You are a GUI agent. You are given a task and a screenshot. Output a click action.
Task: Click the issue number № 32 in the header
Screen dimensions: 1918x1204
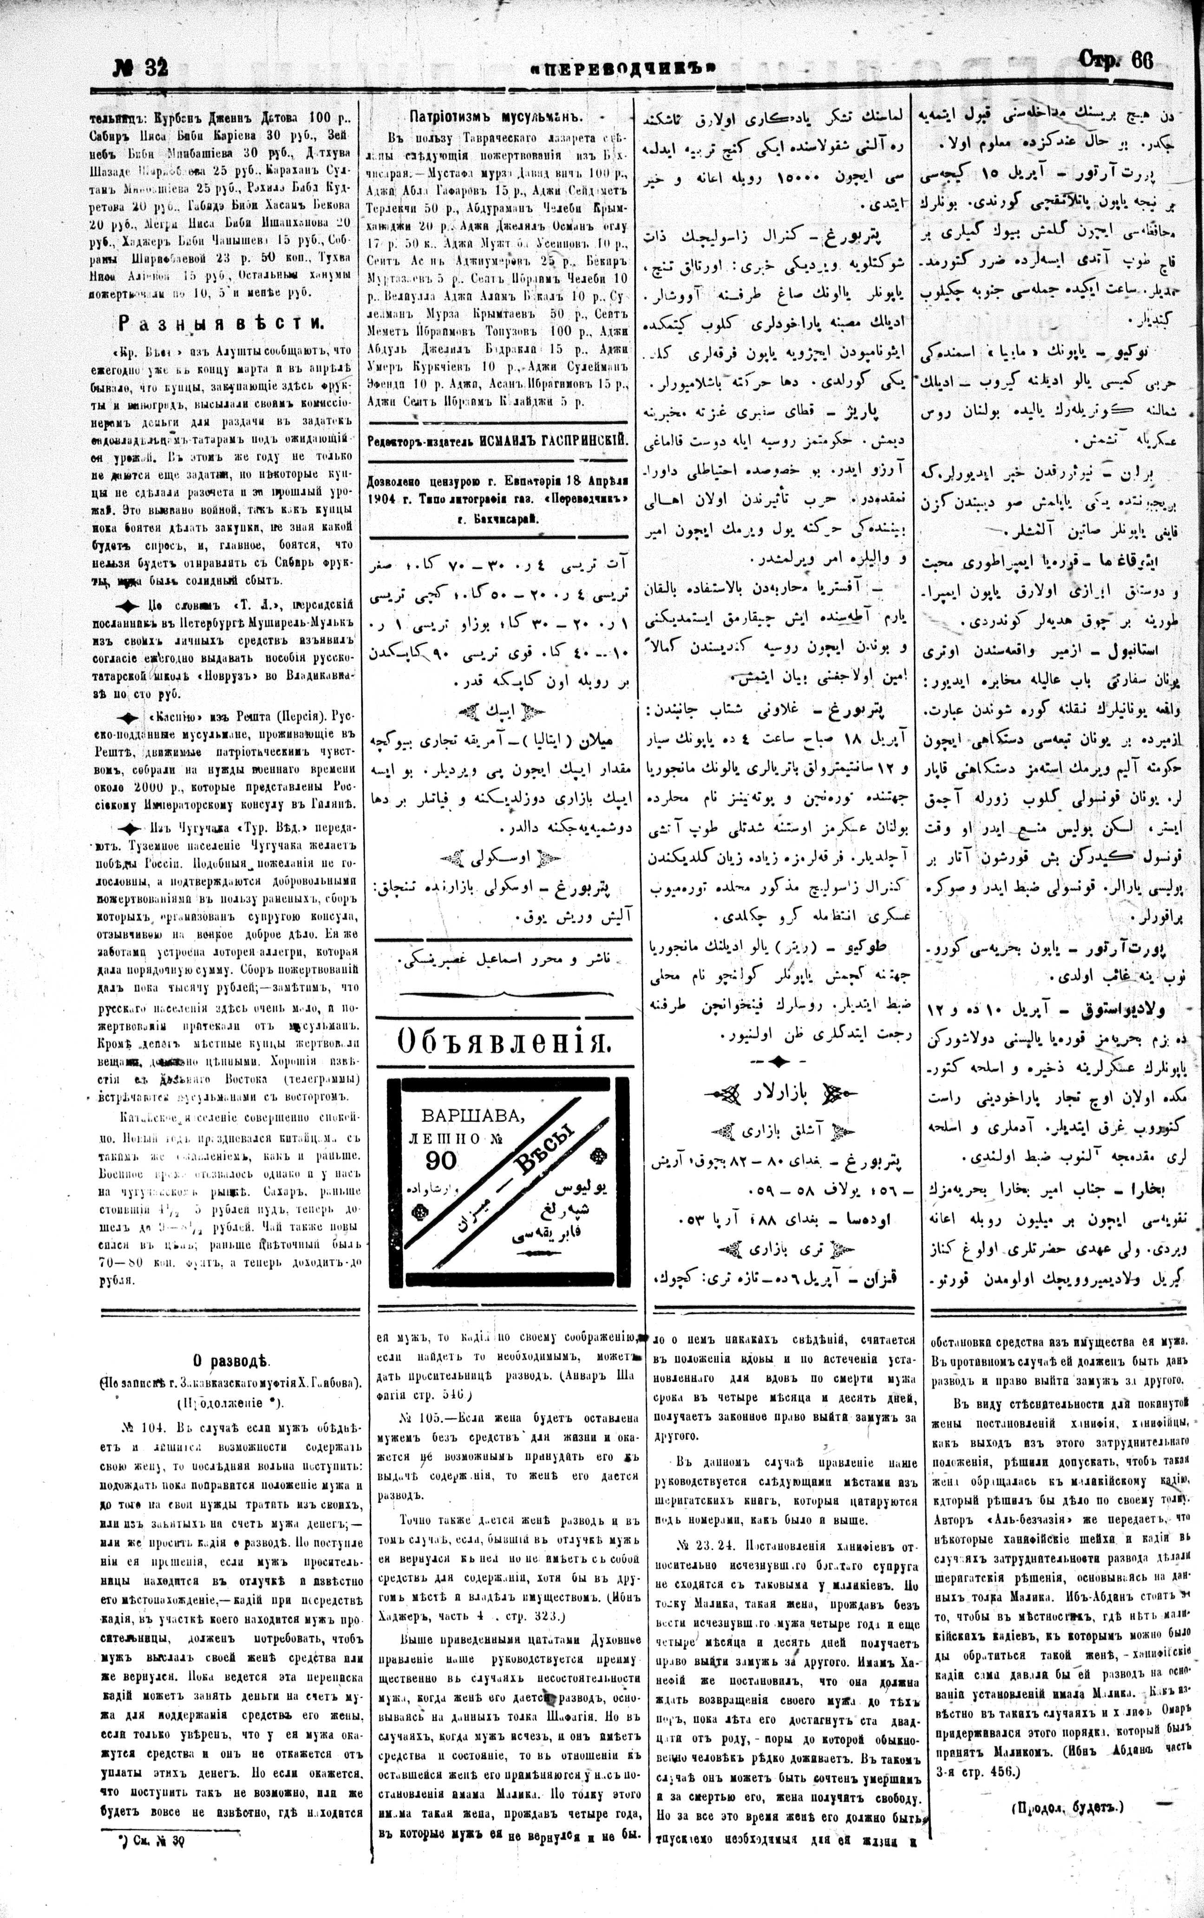pos(140,68)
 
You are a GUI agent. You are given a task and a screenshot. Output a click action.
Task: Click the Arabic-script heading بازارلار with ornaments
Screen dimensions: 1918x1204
pos(778,1095)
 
